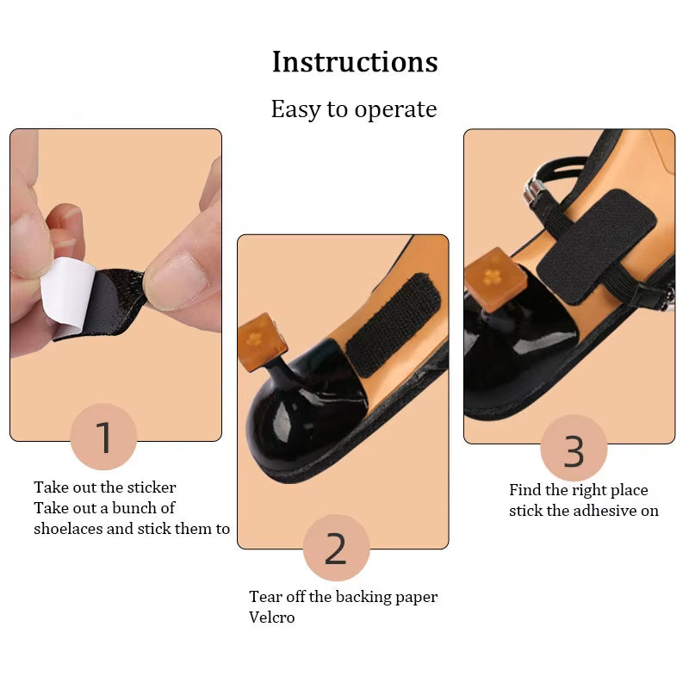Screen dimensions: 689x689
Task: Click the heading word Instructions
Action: [x=355, y=61]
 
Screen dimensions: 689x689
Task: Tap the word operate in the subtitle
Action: [x=395, y=110]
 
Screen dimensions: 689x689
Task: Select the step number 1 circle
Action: [x=103, y=437]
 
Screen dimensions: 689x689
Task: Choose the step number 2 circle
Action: [x=336, y=548]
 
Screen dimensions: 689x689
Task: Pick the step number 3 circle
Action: [x=574, y=449]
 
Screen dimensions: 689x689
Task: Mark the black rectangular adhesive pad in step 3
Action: [x=595, y=246]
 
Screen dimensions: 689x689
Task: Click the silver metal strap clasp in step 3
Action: [x=535, y=190]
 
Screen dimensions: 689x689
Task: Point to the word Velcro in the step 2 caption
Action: [x=271, y=618]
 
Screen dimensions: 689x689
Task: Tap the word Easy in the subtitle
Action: [x=295, y=110]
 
